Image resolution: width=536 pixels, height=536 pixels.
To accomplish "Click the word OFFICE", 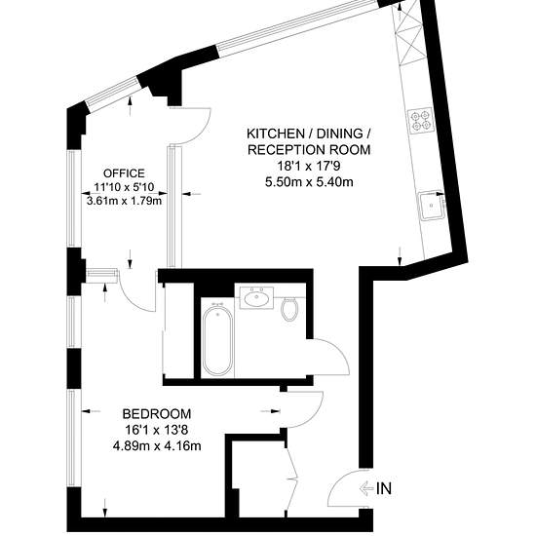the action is pyautogui.click(x=124, y=173).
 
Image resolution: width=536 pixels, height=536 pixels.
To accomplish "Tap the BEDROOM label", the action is pyautogui.click(x=157, y=414).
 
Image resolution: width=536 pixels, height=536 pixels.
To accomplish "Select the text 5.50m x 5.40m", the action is pyautogui.click(x=309, y=182).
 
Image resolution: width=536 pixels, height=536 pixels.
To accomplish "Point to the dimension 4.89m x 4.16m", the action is pyautogui.click(x=157, y=445).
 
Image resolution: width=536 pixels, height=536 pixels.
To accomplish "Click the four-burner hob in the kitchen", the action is pyautogui.click(x=420, y=121).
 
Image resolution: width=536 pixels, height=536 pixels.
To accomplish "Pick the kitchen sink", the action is pyautogui.click(x=432, y=205).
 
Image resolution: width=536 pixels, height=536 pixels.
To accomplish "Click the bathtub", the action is pyautogui.click(x=217, y=339).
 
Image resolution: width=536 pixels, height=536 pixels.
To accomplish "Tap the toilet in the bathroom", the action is pyautogui.click(x=289, y=309).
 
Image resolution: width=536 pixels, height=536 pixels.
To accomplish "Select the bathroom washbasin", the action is pyautogui.click(x=256, y=298).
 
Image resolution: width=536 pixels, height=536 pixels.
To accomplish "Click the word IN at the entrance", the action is pyautogui.click(x=384, y=488).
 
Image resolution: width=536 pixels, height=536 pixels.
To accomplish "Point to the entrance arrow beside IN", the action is pyautogui.click(x=366, y=488).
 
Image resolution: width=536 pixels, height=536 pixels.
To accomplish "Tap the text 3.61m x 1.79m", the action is pyautogui.click(x=124, y=201).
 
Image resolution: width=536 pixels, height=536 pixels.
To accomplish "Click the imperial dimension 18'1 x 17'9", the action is pyautogui.click(x=309, y=166).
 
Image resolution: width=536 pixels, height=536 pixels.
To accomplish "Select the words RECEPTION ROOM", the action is pyautogui.click(x=309, y=150).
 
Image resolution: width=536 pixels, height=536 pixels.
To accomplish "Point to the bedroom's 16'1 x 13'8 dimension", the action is pyautogui.click(x=157, y=430).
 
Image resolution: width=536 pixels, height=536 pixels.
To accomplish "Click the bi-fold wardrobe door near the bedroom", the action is pyautogui.click(x=291, y=479).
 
